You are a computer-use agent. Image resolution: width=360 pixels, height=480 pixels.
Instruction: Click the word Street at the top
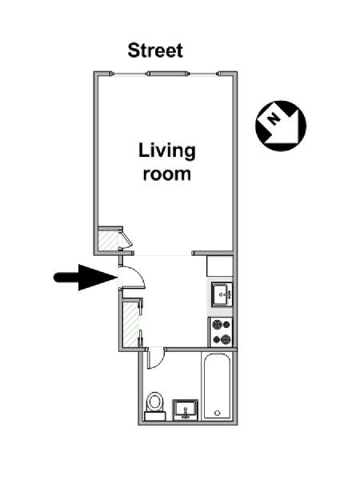(155, 50)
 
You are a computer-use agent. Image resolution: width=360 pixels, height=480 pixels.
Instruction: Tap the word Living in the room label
(167, 151)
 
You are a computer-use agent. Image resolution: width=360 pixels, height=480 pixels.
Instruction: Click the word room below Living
(167, 174)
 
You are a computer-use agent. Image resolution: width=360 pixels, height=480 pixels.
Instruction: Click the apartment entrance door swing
(140, 273)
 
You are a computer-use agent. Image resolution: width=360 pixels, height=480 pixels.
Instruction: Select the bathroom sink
(186, 410)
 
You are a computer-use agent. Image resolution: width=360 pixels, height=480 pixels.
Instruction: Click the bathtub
(217, 386)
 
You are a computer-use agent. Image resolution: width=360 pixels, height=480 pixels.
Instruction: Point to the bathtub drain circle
(218, 414)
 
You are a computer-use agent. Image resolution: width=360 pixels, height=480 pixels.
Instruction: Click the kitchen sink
(222, 294)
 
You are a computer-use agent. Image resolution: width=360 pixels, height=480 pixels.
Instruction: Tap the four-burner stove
(221, 332)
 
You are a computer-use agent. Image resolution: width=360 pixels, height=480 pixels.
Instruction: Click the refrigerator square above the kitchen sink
(219, 266)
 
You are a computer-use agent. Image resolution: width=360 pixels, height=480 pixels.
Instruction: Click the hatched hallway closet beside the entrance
(130, 325)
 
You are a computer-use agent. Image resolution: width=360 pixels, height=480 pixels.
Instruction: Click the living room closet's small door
(126, 238)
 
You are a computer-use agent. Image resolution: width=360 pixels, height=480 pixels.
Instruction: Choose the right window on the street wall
(203, 74)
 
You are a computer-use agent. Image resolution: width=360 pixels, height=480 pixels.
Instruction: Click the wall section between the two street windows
(167, 74)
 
